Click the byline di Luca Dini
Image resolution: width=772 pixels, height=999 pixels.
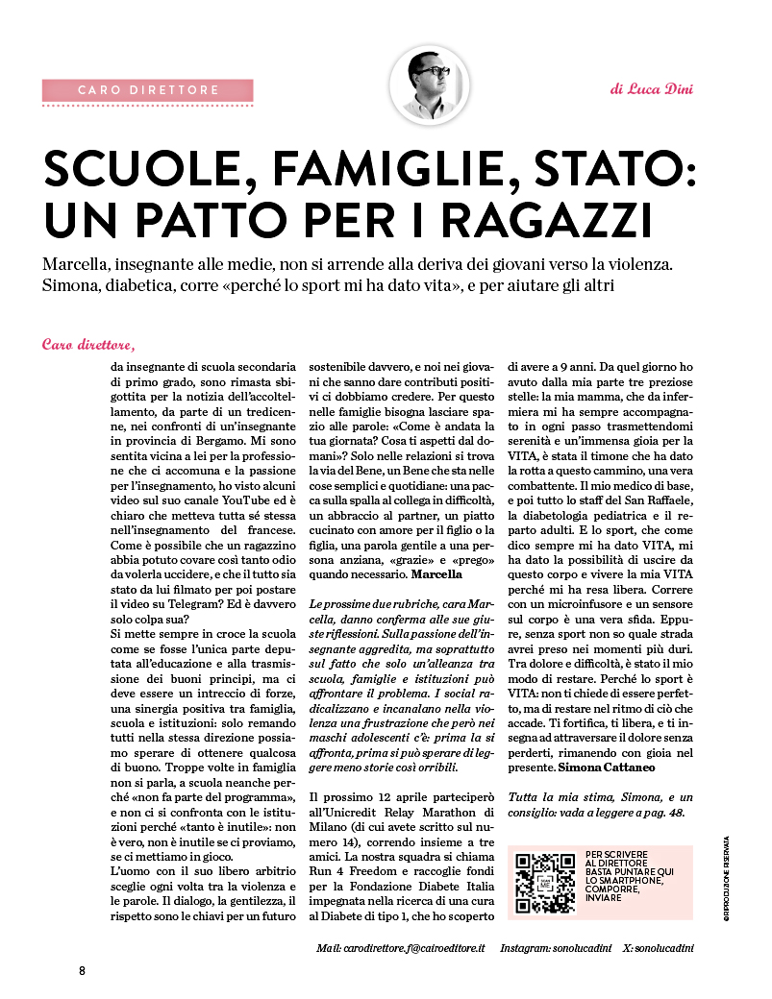tap(651, 89)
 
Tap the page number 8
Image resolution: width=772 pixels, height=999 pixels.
tap(83, 970)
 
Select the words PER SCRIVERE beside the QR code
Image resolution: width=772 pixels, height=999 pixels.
tap(616, 855)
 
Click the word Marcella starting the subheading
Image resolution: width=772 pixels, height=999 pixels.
tap(80, 262)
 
